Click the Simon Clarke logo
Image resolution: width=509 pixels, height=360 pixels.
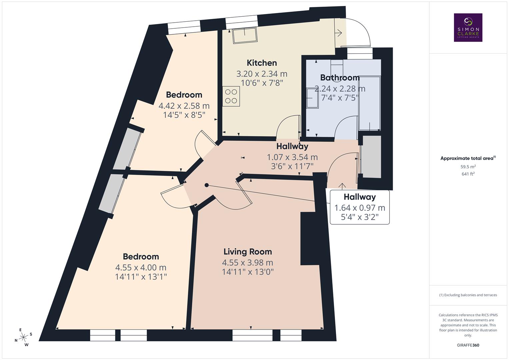point(468,27)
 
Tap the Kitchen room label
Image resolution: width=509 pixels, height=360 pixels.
point(262,63)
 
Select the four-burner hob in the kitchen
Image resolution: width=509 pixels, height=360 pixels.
point(231,96)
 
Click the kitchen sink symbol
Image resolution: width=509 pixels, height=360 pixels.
point(245,36)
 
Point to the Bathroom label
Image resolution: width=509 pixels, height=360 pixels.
point(340,78)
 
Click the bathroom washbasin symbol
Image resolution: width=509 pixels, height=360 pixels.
point(312,98)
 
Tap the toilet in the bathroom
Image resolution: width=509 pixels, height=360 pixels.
point(337,65)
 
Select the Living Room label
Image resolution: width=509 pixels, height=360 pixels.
point(248,252)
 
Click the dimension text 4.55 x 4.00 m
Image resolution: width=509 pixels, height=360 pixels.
point(141,267)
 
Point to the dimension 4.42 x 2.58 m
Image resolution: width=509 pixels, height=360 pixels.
point(184,106)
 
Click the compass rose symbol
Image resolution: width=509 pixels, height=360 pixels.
point(23,337)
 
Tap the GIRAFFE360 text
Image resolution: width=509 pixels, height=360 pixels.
point(468,345)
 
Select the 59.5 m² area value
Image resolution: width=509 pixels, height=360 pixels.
point(468,167)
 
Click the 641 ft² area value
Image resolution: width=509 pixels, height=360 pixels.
point(468,174)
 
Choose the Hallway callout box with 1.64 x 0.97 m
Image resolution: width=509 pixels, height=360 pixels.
point(360,207)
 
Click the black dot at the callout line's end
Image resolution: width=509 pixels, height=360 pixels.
point(207,185)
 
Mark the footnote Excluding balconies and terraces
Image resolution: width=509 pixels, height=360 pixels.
point(468,295)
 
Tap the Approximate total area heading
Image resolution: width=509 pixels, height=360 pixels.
point(468,158)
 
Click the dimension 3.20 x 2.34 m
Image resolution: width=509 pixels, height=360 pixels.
point(262,74)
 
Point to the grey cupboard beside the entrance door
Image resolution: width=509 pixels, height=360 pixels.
point(371,157)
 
